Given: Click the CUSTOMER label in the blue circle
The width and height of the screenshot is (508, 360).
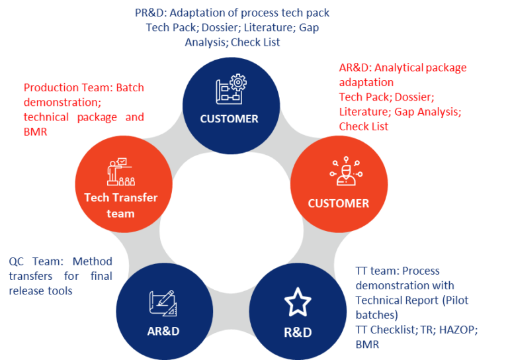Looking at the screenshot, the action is (x=229, y=119).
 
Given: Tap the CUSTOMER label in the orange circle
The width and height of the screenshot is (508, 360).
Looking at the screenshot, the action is (x=338, y=203).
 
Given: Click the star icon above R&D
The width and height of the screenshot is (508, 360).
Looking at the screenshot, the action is (x=298, y=302).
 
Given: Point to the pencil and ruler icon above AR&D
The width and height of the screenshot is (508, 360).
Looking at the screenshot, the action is (x=163, y=303).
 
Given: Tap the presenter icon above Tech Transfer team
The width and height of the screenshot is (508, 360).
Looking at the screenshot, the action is (x=121, y=172).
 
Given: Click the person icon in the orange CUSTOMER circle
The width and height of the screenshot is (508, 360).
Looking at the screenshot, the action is (x=346, y=171).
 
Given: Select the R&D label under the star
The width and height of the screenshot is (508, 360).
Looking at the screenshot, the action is (x=298, y=332).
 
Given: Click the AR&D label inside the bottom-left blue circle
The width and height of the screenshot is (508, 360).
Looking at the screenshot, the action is (x=163, y=331).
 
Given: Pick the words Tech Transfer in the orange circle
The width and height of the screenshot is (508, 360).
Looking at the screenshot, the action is (x=121, y=198).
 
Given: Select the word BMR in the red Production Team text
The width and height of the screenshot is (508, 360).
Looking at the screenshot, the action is (x=35, y=132).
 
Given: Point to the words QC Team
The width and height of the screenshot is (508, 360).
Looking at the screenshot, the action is (x=36, y=261).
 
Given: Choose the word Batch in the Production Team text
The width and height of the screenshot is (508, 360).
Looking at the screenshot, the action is (x=130, y=88).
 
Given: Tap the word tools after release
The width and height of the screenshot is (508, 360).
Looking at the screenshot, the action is (x=59, y=291).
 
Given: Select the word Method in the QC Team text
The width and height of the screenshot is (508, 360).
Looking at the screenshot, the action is (x=93, y=261).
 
